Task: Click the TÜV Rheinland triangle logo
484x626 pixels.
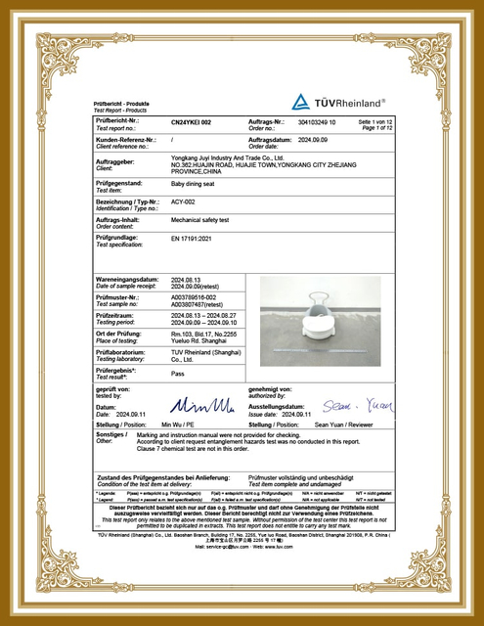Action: click(301, 101)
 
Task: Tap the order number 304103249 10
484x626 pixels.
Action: click(317, 122)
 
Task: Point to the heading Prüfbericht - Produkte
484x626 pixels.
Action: click(121, 103)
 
